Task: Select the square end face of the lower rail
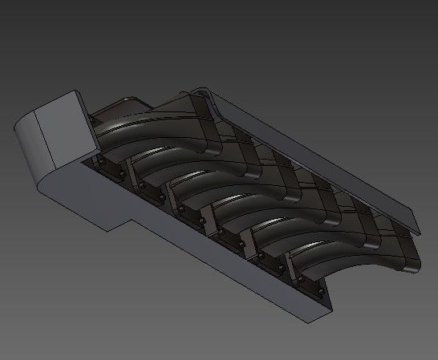[x=321, y=297]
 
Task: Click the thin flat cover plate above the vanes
[x=321, y=160]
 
